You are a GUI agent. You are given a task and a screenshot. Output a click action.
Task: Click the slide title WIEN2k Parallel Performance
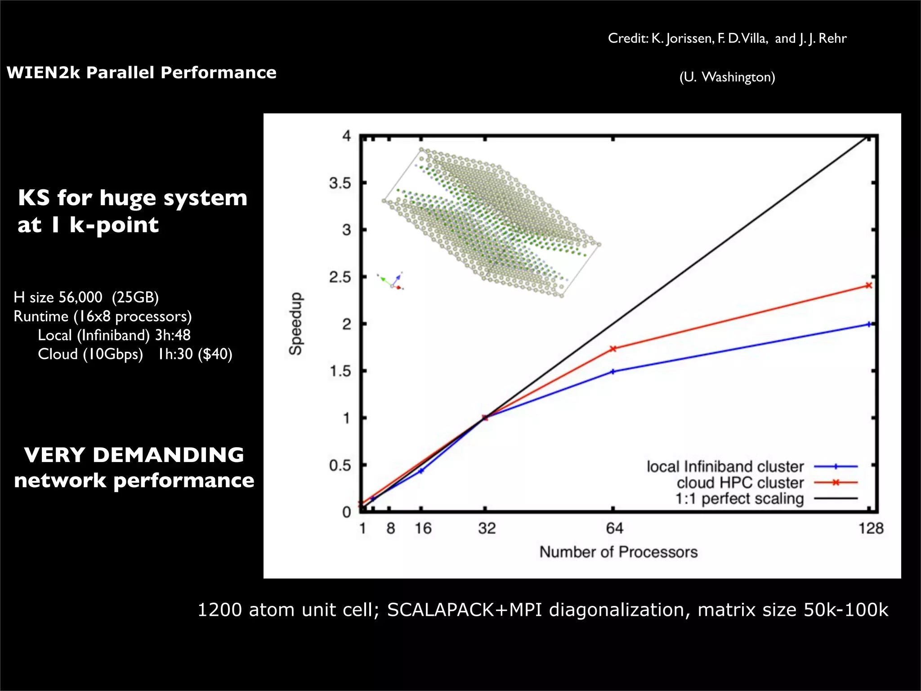[x=141, y=72]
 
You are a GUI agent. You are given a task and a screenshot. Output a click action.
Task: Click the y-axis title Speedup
[x=295, y=323]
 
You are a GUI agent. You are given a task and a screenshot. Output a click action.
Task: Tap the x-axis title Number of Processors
[x=618, y=552]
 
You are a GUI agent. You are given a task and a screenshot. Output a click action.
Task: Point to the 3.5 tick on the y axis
[x=340, y=183]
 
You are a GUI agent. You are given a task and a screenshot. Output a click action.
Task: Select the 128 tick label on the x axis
[x=871, y=528]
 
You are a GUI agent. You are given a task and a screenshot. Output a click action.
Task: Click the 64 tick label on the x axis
[x=614, y=528]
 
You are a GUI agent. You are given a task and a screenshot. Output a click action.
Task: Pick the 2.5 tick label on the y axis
[x=340, y=277]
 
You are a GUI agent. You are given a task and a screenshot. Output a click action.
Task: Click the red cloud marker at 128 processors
[x=869, y=286]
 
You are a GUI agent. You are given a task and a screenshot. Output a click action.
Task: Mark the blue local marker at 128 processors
[x=869, y=324]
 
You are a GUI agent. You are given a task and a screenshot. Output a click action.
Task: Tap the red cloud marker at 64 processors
[x=613, y=349]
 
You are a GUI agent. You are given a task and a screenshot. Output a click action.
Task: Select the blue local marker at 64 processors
[x=613, y=372]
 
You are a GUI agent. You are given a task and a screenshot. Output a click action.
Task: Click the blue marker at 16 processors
[x=421, y=471]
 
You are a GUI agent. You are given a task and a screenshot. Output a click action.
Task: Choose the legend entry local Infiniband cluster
[x=725, y=467]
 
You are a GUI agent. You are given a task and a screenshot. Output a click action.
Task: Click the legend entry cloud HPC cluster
[x=740, y=483]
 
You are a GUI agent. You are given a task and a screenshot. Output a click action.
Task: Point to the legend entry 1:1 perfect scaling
[x=739, y=498]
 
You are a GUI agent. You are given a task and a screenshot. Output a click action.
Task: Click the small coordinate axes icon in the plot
[x=391, y=281]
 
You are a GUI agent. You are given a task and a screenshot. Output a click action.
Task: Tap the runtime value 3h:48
[x=173, y=335]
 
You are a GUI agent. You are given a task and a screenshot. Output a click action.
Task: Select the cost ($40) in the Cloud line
[x=215, y=354]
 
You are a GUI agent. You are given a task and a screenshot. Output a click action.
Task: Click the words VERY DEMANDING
[x=134, y=455]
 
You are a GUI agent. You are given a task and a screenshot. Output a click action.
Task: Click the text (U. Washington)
[x=727, y=77]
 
